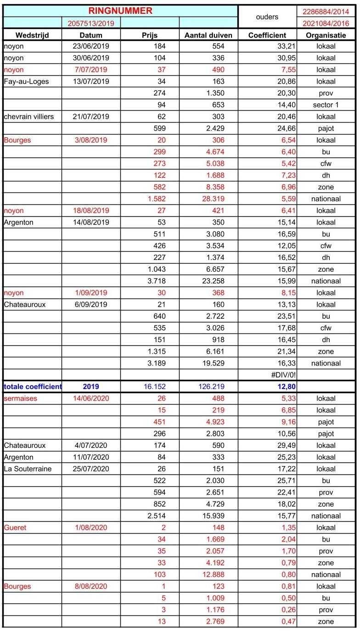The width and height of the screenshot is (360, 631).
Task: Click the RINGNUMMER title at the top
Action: point(120,11)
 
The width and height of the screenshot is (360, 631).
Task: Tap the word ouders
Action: point(267,17)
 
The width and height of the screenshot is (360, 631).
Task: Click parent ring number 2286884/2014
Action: point(326,11)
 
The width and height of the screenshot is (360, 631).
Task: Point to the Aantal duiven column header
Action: point(208,35)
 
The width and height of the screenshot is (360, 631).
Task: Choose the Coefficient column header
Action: point(267,35)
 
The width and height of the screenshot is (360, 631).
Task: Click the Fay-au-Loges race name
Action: point(26,82)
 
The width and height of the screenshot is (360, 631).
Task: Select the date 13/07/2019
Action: point(91,82)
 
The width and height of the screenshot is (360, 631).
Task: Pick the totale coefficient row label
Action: point(33,387)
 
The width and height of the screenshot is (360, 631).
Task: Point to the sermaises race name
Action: point(20,399)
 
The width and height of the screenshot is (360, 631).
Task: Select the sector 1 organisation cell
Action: point(326,105)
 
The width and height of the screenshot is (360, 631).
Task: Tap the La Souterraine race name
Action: point(28,469)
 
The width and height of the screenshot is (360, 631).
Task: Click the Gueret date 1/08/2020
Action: point(91,528)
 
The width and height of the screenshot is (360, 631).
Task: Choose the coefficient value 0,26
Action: point(286,610)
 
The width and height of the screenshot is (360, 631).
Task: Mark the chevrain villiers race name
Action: point(29,117)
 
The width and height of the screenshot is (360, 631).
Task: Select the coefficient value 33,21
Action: point(285,46)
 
